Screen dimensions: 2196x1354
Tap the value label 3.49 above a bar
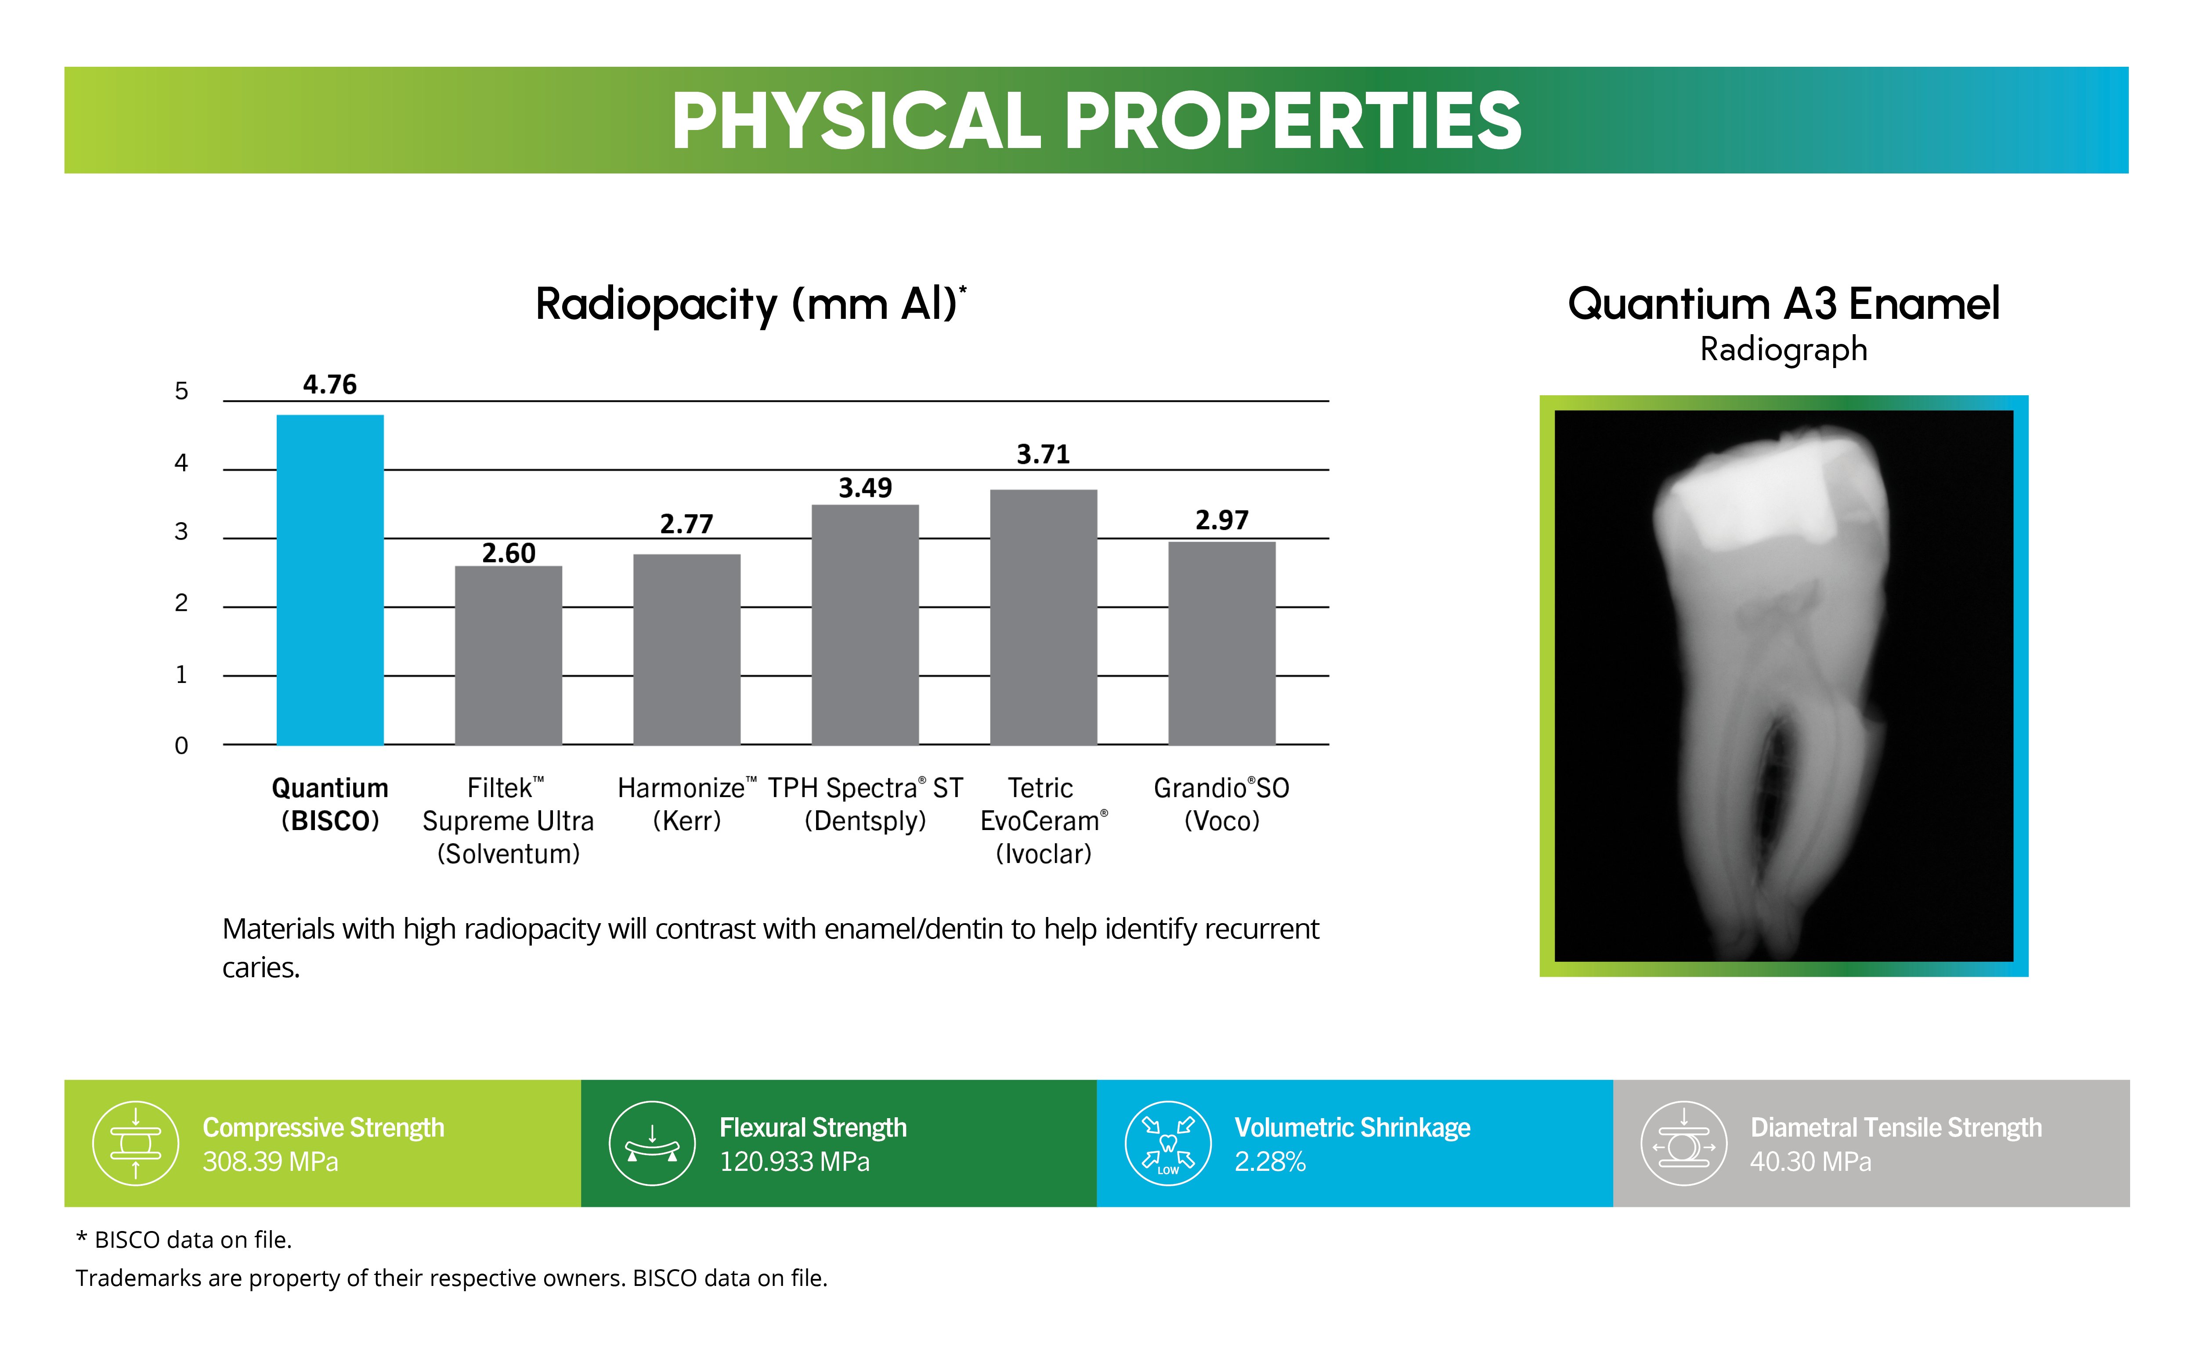click(865, 488)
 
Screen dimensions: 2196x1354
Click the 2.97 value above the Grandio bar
click(1221, 520)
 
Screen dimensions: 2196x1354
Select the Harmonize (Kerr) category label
click(687, 804)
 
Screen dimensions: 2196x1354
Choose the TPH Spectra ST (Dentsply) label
click(865, 804)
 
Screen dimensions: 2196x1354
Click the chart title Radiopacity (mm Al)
click(751, 304)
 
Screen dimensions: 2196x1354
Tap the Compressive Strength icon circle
click(136, 1144)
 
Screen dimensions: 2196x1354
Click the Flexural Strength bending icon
click(652, 1144)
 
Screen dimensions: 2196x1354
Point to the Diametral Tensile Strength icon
click(1684, 1144)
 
